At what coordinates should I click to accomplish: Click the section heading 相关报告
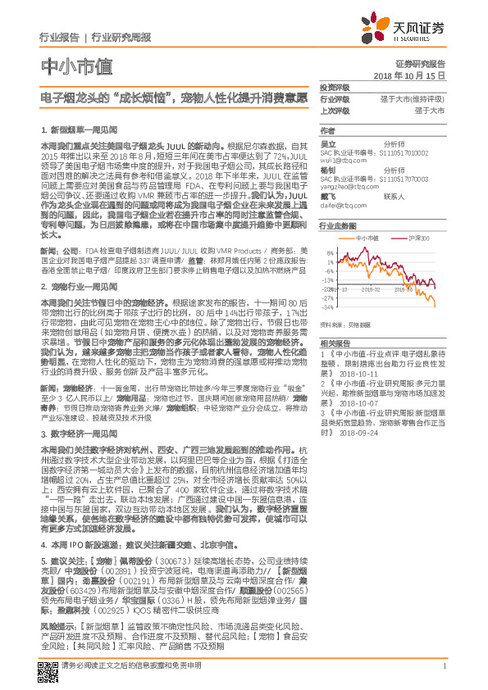click(x=335, y=343)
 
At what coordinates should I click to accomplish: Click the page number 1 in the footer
click(x=444, y=665)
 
